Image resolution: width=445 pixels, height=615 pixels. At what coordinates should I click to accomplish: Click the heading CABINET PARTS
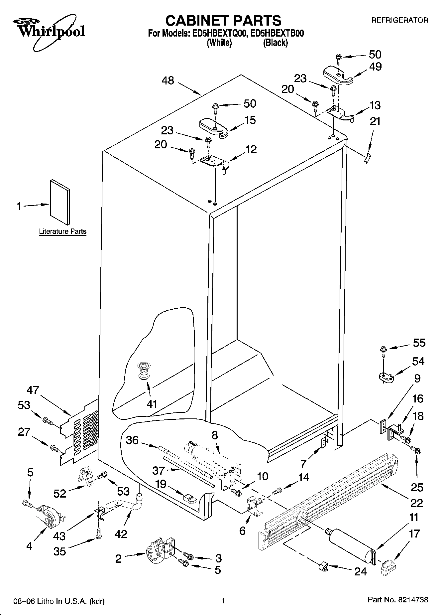pos(223,21)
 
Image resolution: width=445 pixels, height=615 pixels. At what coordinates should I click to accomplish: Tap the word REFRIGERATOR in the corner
pos(399,20)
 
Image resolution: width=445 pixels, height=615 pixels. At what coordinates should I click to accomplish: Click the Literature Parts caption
pos(62,231)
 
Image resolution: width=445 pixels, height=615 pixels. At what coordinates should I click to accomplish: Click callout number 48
pos(168,80)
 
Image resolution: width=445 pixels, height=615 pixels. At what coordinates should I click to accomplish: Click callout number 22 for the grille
pos(416,503)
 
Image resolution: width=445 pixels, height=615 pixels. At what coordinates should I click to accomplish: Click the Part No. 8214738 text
pos(398,600)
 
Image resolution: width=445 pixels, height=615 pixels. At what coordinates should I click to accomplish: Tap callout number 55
pos(419,343)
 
